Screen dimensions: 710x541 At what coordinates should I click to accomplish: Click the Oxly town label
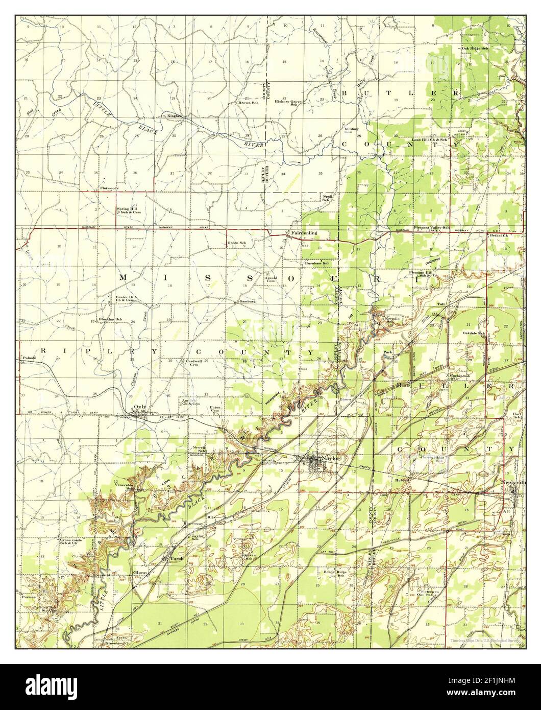(x=139, y=407)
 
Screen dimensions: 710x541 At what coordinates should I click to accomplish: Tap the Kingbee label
(x=175, y=115)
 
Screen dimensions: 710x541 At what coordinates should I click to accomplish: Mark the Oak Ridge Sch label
(x=475, y=48)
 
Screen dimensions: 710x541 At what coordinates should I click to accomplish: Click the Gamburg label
(x=247, y=301)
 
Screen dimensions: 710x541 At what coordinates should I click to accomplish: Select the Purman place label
(x=28, y=596)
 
